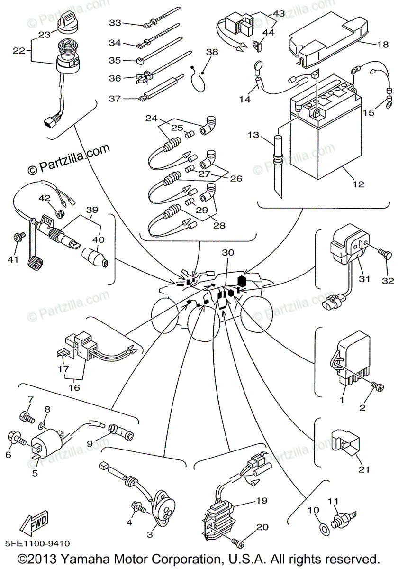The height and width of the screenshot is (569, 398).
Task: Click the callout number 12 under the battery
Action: [358, 184]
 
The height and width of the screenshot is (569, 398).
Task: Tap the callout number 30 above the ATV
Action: [228, 252]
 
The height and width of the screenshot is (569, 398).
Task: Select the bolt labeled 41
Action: [19, 236]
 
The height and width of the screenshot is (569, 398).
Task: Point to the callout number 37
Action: [115, 98]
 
